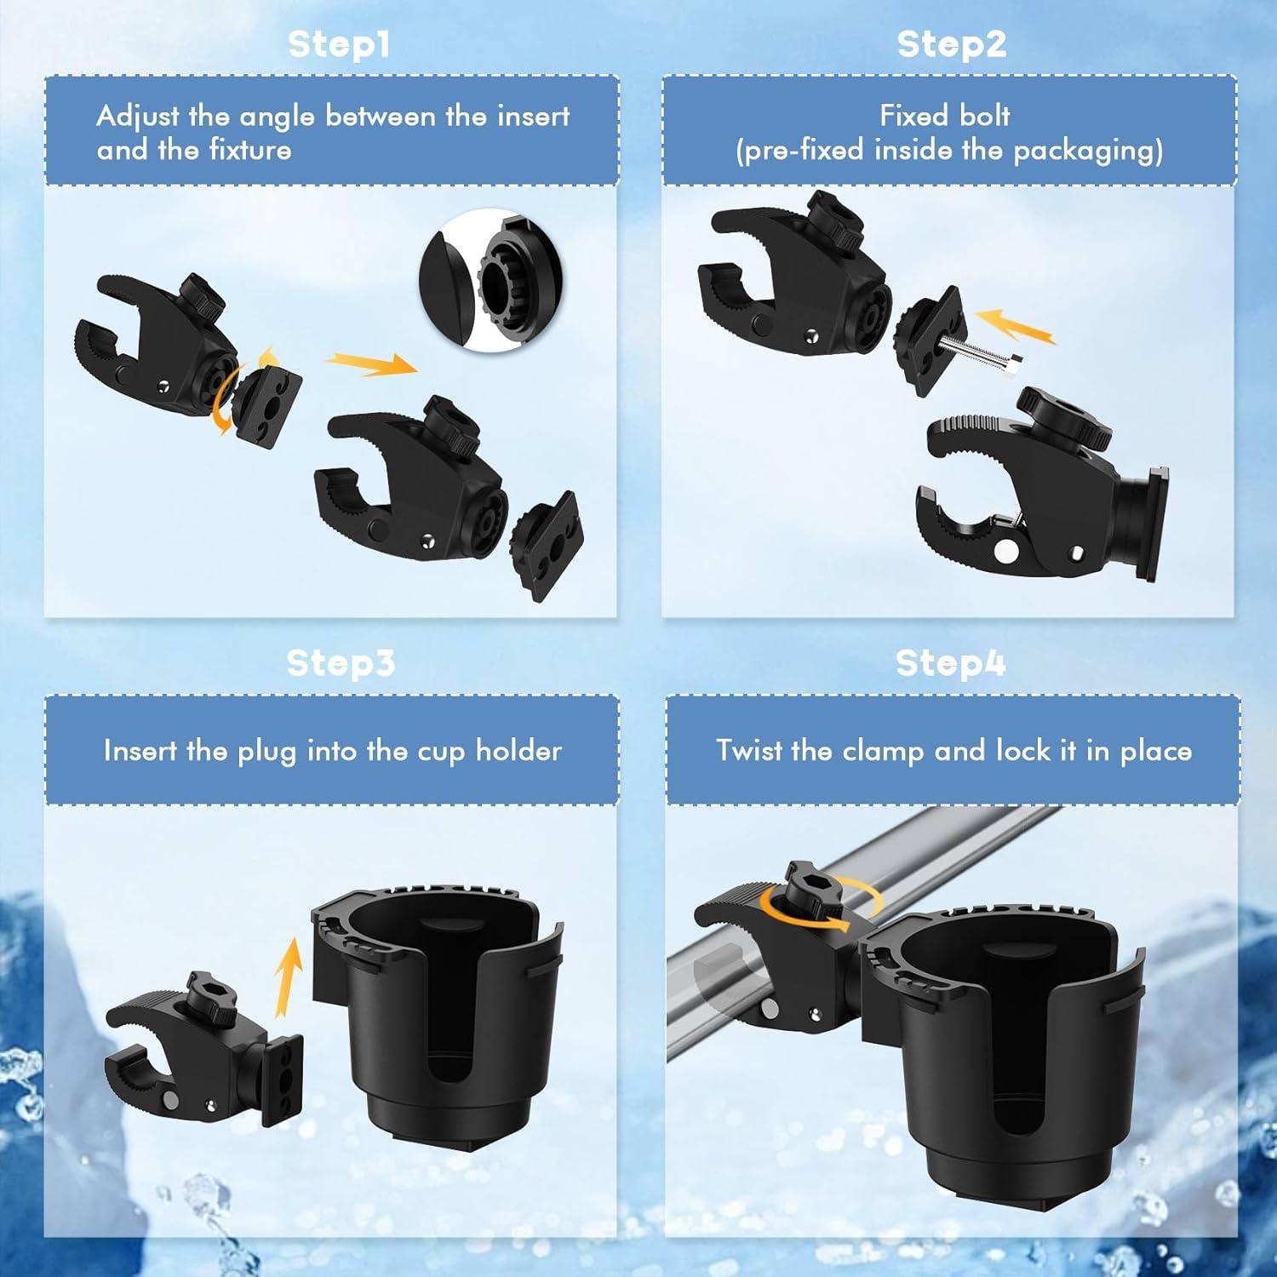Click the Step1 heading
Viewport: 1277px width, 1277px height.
click(x=339, y=44)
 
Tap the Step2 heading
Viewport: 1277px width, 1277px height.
click(x=951, y=44)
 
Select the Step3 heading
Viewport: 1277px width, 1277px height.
click(x=341, y=663)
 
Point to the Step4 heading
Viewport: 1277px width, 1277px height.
click(x=950, y=663)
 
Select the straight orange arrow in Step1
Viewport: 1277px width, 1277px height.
click(x=371, y=364)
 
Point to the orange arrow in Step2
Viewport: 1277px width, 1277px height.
click(x=1015, y=326)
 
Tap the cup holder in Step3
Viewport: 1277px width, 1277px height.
click(x=435, y=1013)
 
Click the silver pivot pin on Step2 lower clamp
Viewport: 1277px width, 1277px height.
click(x=1005, y=551)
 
